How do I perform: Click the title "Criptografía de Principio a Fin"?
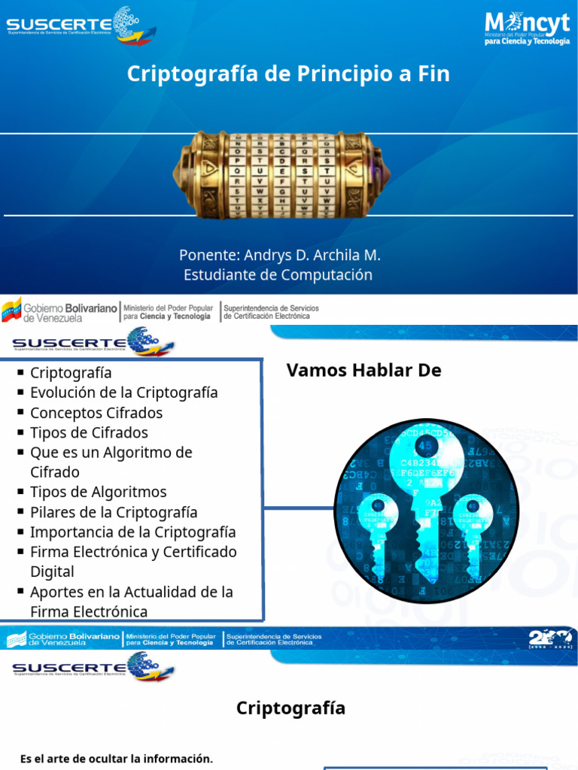(288, 74)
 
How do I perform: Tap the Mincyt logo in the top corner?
(526, 28)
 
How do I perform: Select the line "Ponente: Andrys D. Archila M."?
(280, 255)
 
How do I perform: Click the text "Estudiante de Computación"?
(278, 274)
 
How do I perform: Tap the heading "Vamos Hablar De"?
(364, 370)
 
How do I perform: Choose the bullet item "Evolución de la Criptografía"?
(123, 393)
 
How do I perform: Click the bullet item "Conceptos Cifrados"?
(96, 413)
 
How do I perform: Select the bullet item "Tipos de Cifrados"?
(89, 432)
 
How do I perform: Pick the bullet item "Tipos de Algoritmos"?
(98, 492)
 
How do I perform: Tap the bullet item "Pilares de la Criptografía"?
(113, 512)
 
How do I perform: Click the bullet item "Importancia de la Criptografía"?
(132, 532)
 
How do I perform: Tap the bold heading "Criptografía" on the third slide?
(291, 708)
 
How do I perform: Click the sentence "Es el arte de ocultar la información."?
(117, 758)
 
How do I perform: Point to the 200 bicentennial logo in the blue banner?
(549, 639)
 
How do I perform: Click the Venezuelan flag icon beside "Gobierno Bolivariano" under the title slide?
(11, 310)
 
